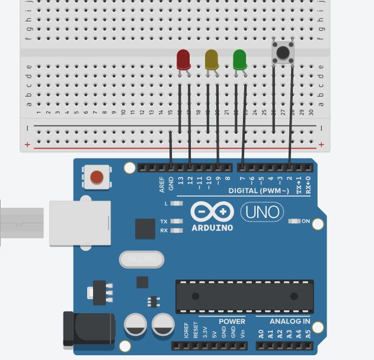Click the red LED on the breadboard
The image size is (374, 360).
pos(183,59)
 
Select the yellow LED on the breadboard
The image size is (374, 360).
pos(212,59)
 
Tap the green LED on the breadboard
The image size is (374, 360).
pos(239,59)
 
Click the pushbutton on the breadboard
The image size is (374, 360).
pos(283,52)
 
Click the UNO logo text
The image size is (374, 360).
pos(262,212)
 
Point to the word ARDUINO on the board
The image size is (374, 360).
pos(212,228)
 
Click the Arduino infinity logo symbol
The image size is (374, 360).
pos(212,212)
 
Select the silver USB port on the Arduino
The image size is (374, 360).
pos(80,223)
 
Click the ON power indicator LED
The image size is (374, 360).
pos(294,221)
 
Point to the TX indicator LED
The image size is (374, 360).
pos(176,221)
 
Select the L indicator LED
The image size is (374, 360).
pos(176,203)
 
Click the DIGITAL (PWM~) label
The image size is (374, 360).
pos(258,191)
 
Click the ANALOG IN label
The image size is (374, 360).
pos(290,322)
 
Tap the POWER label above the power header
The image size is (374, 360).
pos(232,322)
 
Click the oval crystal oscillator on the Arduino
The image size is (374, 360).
pos(142,259)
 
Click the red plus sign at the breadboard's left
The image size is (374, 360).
pos(27,144)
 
